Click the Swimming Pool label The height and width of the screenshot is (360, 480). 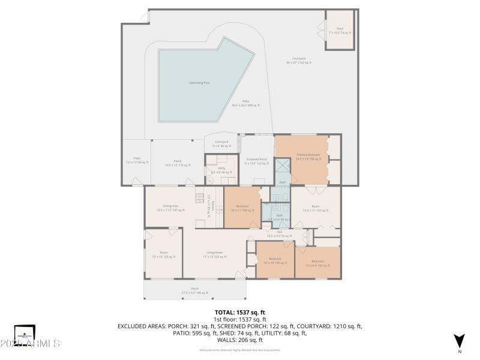pyautogui.click(x=199, y=83)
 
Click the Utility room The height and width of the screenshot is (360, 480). pyautogui.click(x=221, y=170)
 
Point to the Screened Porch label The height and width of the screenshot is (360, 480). pyautogui.click(x=256, y=161)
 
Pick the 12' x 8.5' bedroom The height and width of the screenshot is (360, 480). pyautogui.click(x=317, y=263)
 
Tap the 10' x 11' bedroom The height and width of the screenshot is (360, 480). pyautogui.click(x=242, y=208)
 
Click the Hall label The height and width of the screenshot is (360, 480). pyautogui.click(x=279, y=233)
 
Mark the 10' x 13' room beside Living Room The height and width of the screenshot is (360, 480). pyautogui.click(x=163, y=254)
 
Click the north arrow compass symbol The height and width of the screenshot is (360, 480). pyautogui.click(x=459, y=341)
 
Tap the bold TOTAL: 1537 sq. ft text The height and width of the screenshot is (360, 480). pyautogui.click(x=240, y=313)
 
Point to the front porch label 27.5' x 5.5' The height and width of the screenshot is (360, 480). pyautogui.click(x=194, y=290)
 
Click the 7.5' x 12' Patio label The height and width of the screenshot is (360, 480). pyautogui.click(x=133, y=160)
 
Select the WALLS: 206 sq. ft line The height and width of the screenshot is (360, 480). pyautogui.click(x=240, y=339)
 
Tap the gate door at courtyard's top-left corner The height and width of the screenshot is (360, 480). pyautogui.click(x=144, y=17)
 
